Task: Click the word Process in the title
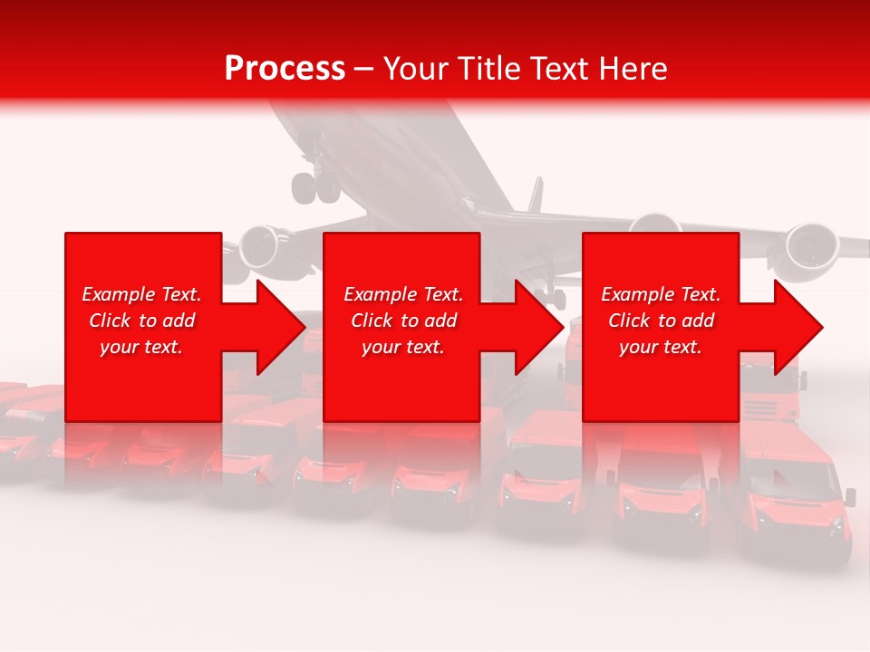285,69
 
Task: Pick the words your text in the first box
141,347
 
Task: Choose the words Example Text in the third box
661,294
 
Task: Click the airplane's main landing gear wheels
314,187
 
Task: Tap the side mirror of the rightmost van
850,495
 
